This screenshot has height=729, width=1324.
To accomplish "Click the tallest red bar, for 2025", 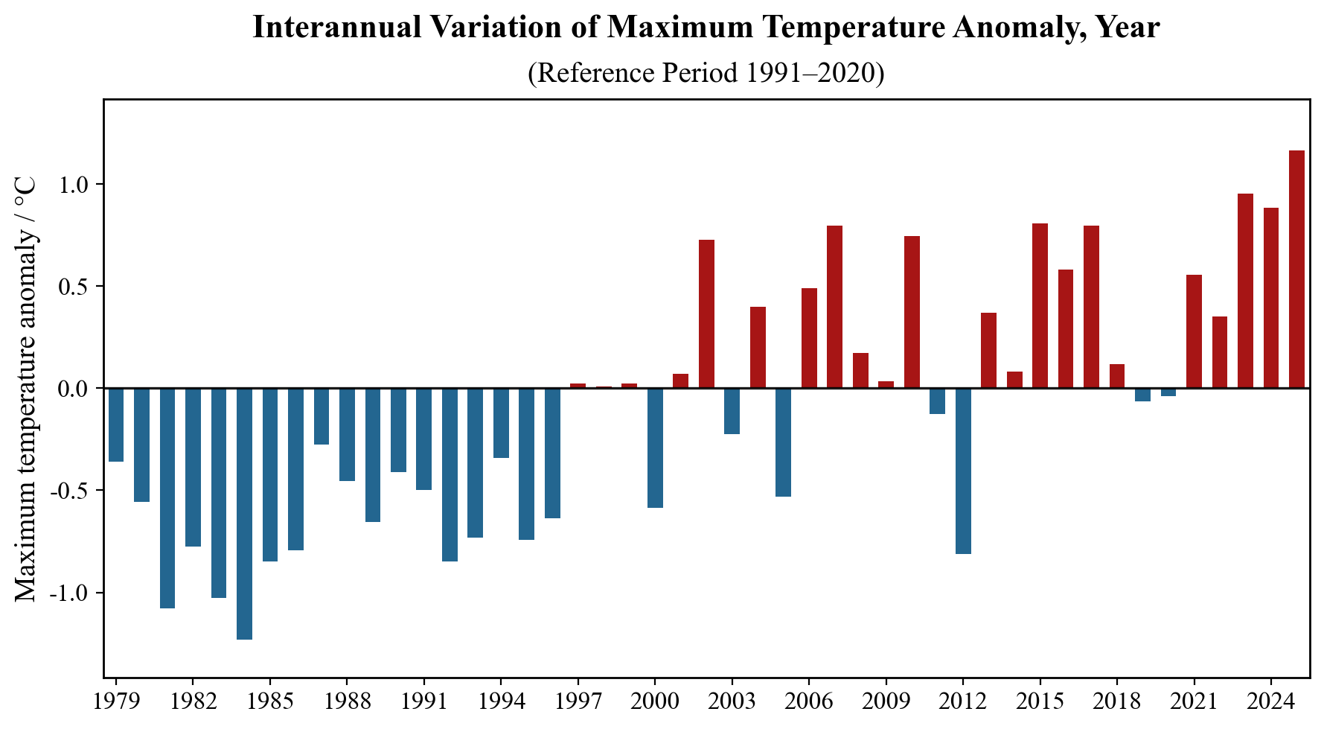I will pyautogui.click(x=1296, y=269).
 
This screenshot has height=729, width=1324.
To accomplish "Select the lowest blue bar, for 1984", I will pyautogui.click(x=244, y=513).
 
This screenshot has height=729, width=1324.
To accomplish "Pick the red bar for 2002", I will pyautogui.click(x=706, y=313).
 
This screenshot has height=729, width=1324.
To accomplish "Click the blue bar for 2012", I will pyautogui.click(x=963, y=471).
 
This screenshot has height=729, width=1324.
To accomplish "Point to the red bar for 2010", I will pyautogui.click(x=912, y=312).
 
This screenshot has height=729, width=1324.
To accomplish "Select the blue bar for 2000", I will pyautogui.click(x=655, y=448).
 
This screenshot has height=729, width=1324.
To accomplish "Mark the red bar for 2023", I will pyautogui.click(x=1245, y=290).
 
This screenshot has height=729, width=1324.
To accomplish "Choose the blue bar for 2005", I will pyautogui.click(x=783, y=442).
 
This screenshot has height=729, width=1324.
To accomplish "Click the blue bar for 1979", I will pyautogui.click(x=116, y=424).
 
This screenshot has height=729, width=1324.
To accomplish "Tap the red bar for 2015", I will pyautogui.click(x=1040, y=305).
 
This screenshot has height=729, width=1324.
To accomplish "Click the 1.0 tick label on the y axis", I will pyautogui.click(x=73, y=185).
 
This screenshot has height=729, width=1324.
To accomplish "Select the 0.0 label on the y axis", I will pyautogui.click(x=73, y=389).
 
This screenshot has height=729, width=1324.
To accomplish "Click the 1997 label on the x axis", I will pyautogui.click(x=578, y=702).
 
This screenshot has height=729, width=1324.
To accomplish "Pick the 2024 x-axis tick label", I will pyautogui.click(x=1270, y=702).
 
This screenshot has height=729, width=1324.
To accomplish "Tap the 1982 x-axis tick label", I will pyautogui.click(x=193, y=702).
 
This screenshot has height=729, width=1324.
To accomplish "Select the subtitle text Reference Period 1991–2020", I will pyautogui.click(x=706, y=73).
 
